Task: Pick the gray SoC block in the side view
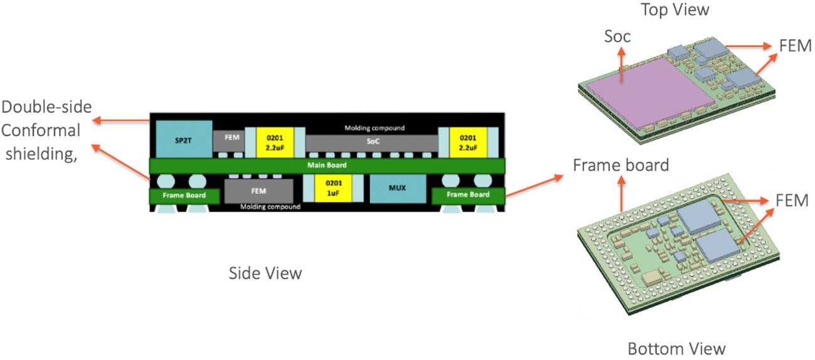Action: tap(371, 142)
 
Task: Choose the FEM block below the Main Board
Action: tap(259, 190)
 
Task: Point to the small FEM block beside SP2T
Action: tap(228, 140)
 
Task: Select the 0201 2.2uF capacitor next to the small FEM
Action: tap(271, 142)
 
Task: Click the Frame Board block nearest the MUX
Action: tap(468, 195)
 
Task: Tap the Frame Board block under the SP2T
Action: tap(185, 196)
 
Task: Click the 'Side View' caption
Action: tap(265, 273)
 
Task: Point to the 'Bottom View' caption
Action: tap(676, 349)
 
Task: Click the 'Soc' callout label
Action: tap(617, 38)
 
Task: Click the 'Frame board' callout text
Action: tap(621, 165)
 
